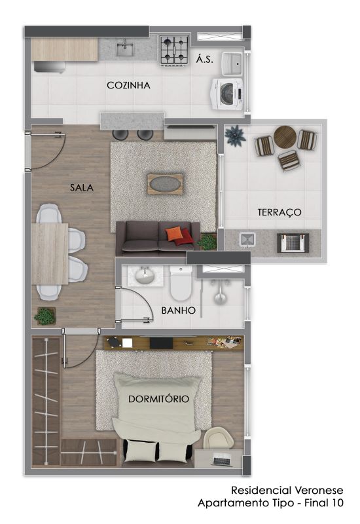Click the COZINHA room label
click(x=128, y=85)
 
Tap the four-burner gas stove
click(x=173, y=50)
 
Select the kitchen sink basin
click(x=125, y=50)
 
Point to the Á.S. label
click(x=204, y=60)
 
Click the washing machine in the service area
click(x=227, y=94)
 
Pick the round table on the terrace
click(x=285, y=137)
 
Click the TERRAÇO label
click(x=279, y=212)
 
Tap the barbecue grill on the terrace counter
click(x=293, y=242)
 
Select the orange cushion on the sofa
click(x=174, y=234)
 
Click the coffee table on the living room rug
click(x=165, y=184)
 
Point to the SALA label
click(x=82, y=187)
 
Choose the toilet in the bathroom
click(x=181, y=283)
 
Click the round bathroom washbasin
click(x=145, y=276)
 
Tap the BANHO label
click(x=178, y=310)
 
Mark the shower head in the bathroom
click(x=220, y=298)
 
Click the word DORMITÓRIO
click(x=158, y=399)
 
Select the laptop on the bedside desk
click(x=222, y=460)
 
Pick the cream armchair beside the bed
click(x=219, y=438)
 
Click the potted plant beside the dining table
click(x=45, y=316)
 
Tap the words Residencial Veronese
click(x=287, y=490)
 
